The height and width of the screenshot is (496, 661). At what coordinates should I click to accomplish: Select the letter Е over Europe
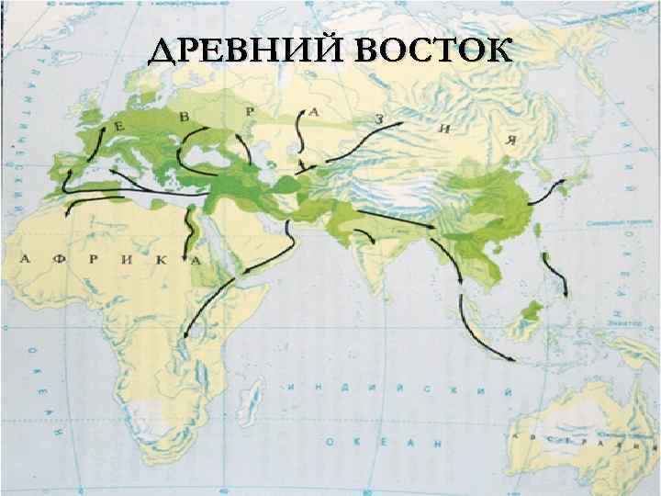pyautogui.click(x=118, y=127)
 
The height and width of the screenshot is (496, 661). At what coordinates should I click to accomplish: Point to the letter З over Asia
pyautogui.click(x=378, y=119)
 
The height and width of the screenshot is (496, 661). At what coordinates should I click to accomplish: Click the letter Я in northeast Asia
pyautogui.click(x=508, y=140)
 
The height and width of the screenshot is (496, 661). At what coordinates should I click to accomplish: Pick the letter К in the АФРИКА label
pyautogui.click(x=161, y=261)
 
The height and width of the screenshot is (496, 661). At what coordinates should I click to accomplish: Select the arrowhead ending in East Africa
pyautogui.click(x=186, y=336)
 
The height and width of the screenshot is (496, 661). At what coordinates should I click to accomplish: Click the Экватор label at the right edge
pyautogui.click(x=624, y=324)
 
